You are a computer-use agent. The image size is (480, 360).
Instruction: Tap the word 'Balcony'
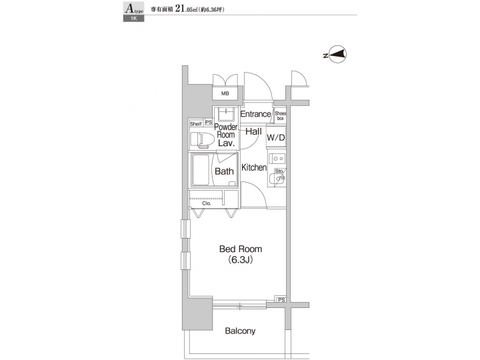(x=240, y=331)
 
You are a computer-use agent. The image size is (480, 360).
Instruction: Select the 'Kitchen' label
(x=254, y=167)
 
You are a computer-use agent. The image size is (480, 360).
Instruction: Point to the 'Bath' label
(x=224, y=171)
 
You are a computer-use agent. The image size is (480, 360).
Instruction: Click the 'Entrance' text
(x=255, y=114)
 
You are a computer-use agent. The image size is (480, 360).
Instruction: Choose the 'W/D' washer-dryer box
(x=276, y=137)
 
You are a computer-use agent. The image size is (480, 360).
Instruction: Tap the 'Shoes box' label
(x=280, y=116)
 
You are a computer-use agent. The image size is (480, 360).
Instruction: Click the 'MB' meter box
(x=225, y=95)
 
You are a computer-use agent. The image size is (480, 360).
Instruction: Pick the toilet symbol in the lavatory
(x=201, y=139)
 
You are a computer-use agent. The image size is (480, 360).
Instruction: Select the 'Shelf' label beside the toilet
(x=195, y=123)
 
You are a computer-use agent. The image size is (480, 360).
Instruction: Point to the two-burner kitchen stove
(x=278, y=160)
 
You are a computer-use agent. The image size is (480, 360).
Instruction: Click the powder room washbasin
(x=227, y=113)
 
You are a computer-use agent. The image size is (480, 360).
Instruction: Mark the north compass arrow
(x=337, y=56)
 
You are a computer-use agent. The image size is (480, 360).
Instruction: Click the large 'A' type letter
(x=128, y=9)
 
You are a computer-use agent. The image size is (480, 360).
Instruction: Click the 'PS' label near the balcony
(x=281, y=301)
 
